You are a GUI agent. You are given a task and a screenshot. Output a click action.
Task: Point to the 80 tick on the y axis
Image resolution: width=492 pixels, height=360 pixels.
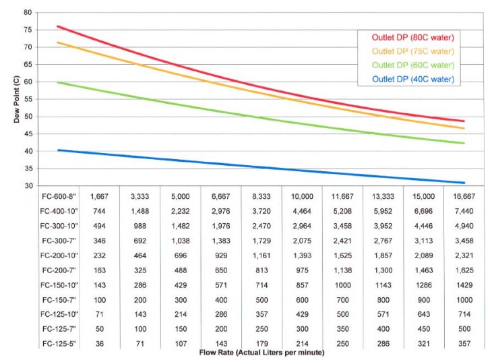pos(27,12)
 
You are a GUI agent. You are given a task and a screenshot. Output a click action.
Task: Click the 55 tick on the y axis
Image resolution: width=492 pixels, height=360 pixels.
pos(27,99)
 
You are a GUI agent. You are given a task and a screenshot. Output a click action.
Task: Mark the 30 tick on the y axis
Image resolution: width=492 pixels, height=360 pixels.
pos(27,186)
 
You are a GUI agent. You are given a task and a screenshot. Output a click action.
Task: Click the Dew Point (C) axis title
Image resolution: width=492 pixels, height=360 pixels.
pos(8,98)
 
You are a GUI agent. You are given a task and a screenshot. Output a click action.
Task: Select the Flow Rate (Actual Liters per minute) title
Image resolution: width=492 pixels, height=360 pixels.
pos(263,353)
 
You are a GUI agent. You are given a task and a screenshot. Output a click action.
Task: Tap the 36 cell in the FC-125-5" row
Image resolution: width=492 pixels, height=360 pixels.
pos(100,344)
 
